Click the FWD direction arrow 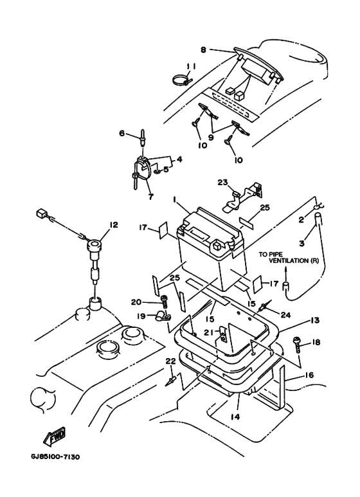pos(54,436)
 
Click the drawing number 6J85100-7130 pos(55,456)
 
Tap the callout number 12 pos(113,225)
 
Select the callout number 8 pos(203,50)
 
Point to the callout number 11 pos(191,67)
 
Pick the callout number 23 pos(223,182)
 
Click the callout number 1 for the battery pos(174,199)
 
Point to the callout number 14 pos(235,417)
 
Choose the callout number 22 pos(170,361)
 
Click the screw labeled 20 pos(165,302)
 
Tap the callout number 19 pos(141,316)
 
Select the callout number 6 pos(122,133)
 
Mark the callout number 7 pos(151,197)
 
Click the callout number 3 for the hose pos(301,243)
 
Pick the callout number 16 pos(309,375)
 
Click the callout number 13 pos(315,320)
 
